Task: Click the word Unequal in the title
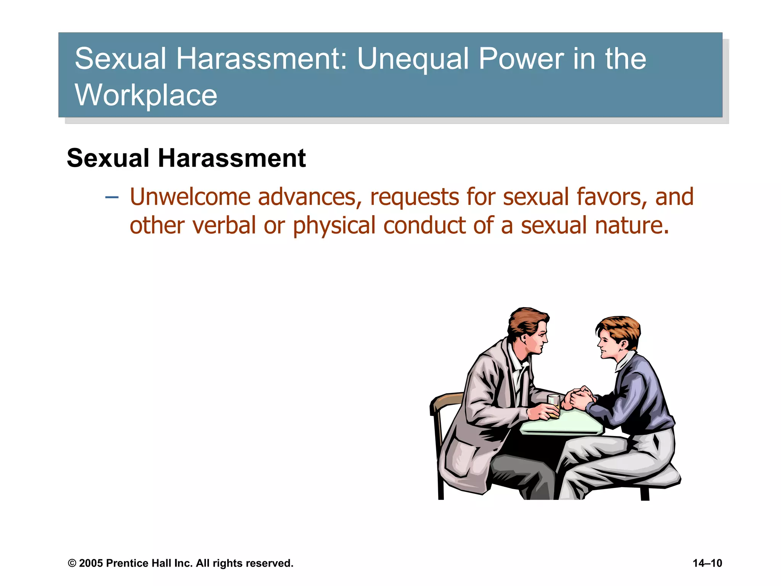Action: (413, 60)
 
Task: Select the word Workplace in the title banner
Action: (146, 95)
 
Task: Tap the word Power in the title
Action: (521, 59)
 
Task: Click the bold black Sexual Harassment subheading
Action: (186, 158)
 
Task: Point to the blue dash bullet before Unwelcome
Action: (112, 197)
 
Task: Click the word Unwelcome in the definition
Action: (190, 197)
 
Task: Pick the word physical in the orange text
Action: (334, 226)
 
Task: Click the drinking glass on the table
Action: (553, 406)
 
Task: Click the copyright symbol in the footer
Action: (72, 563)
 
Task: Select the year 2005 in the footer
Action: (91, 563)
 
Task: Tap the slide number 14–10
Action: (707, 563)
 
